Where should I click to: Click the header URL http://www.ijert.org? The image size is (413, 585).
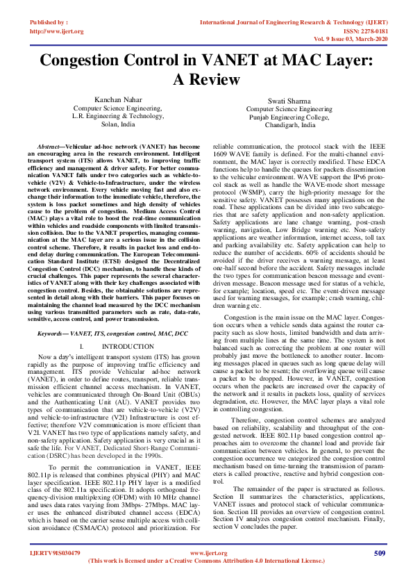coord(58,31)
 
